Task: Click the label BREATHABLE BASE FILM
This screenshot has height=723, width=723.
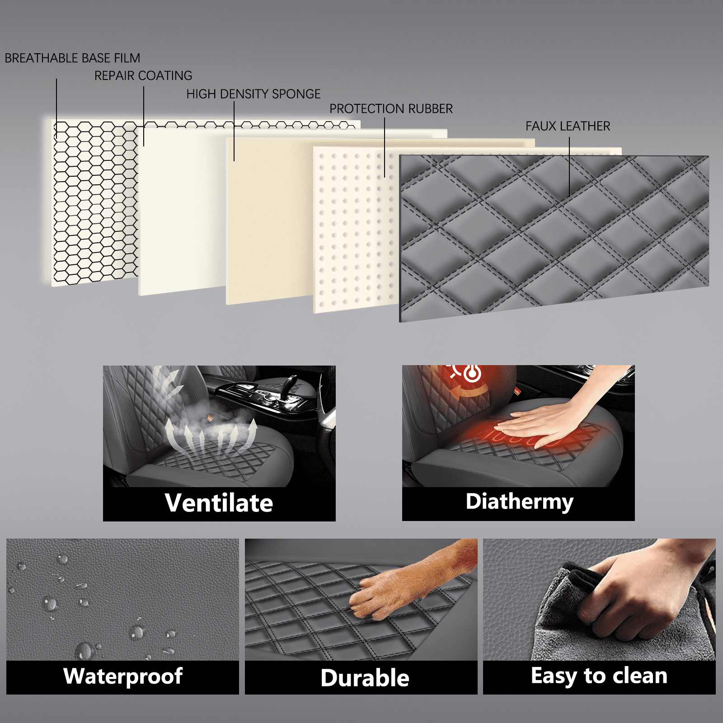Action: [72, 58]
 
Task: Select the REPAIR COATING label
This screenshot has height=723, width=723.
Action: [143, 75]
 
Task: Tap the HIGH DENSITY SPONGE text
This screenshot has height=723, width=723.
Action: [254, 94]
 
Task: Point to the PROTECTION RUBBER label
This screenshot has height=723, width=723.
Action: [391, 109]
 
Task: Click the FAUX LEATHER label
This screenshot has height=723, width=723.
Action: [568, 126]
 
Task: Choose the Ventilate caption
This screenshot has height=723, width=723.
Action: [219, 503]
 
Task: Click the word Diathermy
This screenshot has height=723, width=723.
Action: [520, 502]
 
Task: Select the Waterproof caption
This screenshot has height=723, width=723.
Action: [123, 676]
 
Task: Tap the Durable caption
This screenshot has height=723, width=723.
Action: [365, 678]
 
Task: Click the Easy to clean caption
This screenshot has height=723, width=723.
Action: [599, 676]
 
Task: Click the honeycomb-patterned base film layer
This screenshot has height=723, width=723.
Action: [95, 203]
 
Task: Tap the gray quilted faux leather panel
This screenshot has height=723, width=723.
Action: [554, 237]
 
